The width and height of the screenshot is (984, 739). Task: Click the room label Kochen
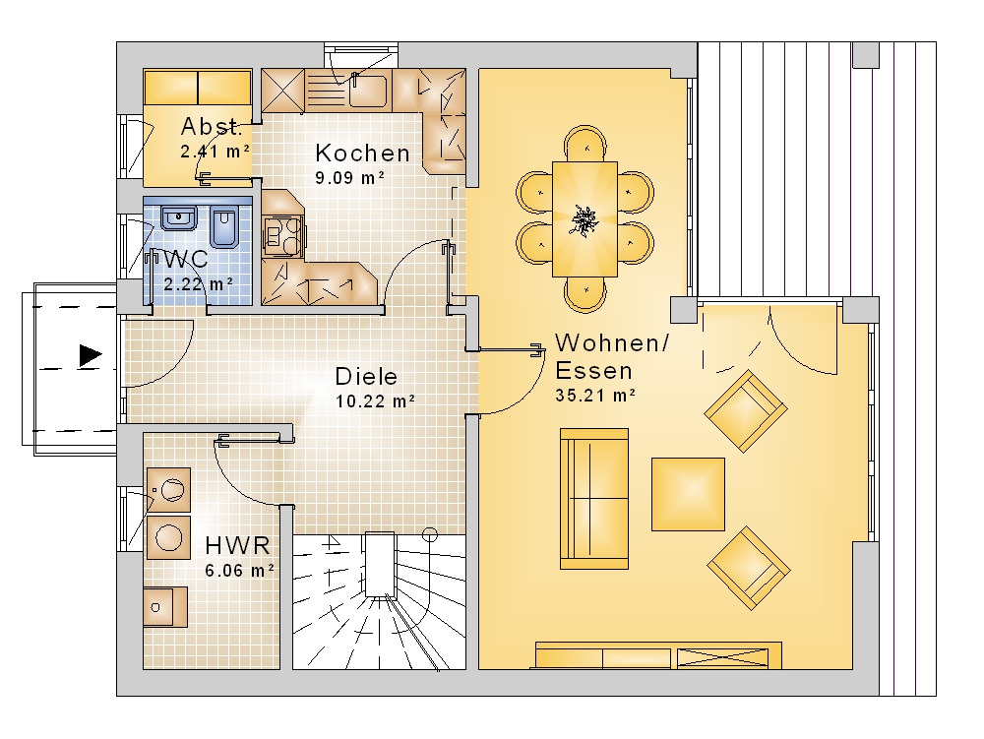click(363, 153)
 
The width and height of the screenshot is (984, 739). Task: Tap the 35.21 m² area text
click(595, 396)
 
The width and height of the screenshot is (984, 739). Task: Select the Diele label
click(366, 377)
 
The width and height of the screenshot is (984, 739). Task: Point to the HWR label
click(238, 545)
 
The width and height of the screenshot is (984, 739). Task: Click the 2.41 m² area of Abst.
click(215, 152)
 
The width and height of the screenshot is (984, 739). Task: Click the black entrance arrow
click(91, 355)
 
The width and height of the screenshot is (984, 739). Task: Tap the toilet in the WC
click(222, 225)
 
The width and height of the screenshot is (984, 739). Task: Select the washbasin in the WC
click(179, 217)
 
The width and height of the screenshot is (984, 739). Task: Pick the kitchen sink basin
click(367, 91)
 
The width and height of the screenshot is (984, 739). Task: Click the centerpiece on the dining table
click(584, 220)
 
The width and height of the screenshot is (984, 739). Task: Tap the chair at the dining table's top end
click(584, 144)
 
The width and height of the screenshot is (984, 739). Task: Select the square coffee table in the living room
click(689, 494)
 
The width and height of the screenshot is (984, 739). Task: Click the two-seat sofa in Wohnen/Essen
click(594, 499)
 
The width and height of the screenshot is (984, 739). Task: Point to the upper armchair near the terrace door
click(746, 411)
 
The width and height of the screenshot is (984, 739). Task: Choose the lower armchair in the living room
click(749, 568)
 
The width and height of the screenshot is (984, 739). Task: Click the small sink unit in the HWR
click(165, 607)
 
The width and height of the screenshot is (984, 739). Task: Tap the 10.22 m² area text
click(375, 400)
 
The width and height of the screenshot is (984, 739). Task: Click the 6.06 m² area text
click(240, 571)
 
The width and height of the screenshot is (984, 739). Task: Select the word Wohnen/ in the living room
click(612, 343)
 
